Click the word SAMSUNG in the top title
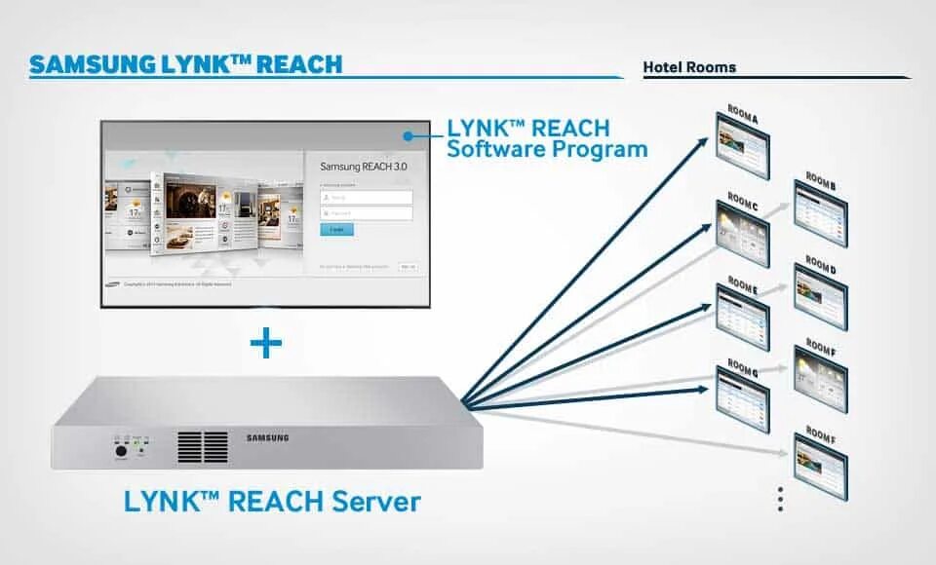coord(91,65)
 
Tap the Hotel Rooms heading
coord(689,67)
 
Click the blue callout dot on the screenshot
coord(410,137)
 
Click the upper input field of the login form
coord(367,197)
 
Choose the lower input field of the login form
coord(367,212)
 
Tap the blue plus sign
coord(265,343)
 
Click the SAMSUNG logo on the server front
coord(267,437)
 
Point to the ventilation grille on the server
coord(203,446)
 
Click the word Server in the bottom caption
coord(375,502)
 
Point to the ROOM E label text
coord(742,287)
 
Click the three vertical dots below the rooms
coord(780,500)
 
